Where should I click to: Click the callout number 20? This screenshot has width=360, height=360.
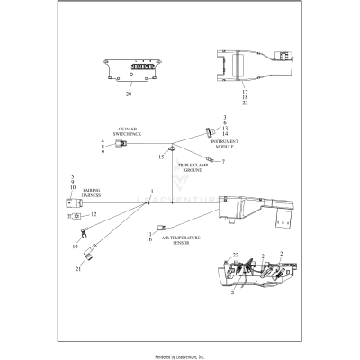tap(129, 94)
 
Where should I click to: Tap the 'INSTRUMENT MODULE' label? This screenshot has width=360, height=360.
tap(224, 145)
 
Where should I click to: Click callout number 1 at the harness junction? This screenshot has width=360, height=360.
tap(153, 192)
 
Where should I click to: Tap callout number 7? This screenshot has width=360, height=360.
tap(223, 162)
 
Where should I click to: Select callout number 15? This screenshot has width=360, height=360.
tap(162, 157)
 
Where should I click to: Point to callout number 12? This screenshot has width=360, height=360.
tap(93, 215)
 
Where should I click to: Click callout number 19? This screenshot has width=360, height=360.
tap(76, 245)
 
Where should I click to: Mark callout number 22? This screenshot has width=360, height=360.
tap(237, 257)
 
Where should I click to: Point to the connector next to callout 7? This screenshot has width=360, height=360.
tap(209, 161)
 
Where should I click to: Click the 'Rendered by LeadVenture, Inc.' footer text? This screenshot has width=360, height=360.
tap(179, 356)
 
